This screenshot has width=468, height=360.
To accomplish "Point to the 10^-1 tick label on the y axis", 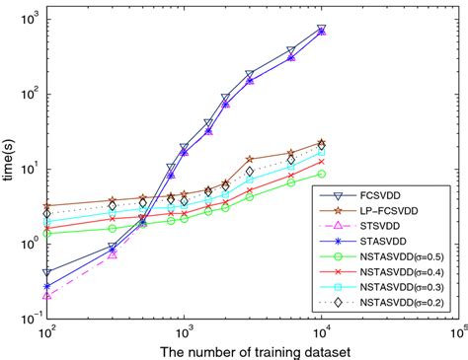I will click(x=27, y=319).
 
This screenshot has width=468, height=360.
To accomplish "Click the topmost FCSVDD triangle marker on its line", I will click(x=322, y=29).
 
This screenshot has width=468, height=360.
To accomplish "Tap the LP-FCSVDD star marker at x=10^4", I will click(x=322, y=143).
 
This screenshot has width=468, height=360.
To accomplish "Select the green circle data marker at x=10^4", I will click(x=322, y=174).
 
